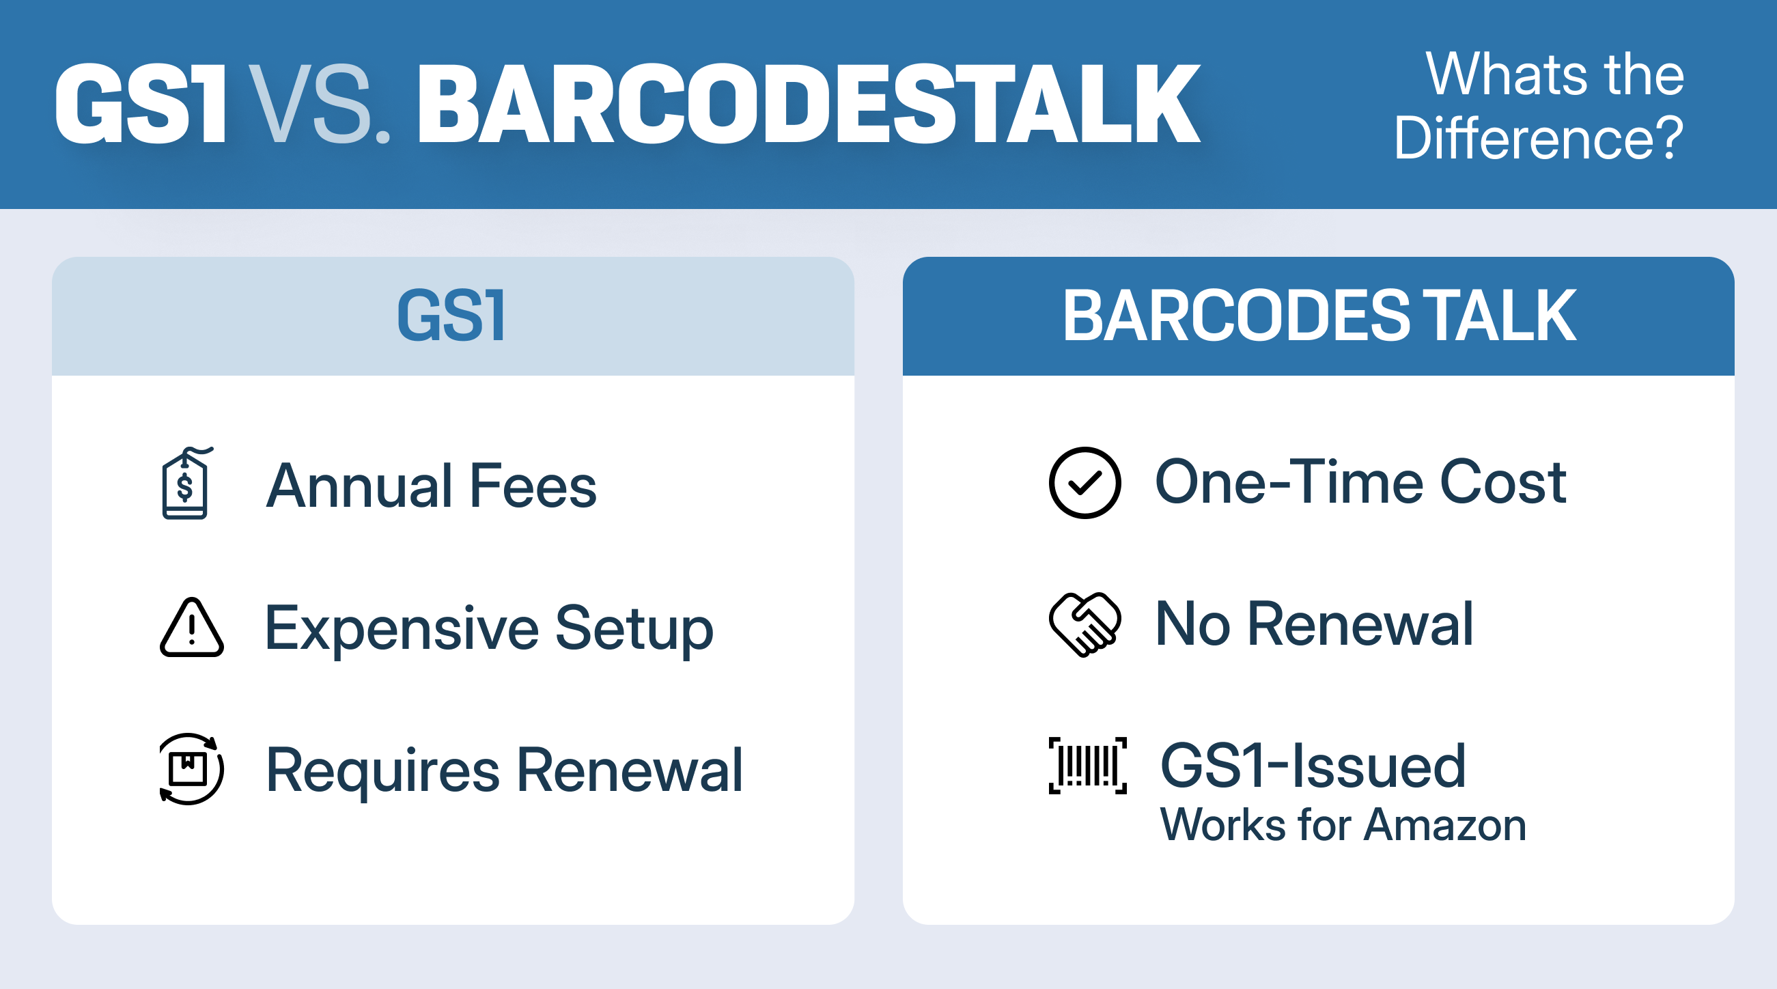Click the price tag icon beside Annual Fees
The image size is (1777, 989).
[x=186, y=483]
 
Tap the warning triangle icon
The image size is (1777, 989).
[x=192, y=627]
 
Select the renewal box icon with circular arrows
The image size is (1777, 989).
[x=191, y=768]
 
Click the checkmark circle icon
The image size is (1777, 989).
[x=1085, y=483]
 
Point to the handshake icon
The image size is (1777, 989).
[x=1085, y=624]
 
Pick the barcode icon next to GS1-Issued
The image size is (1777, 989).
[x=1088, y=766]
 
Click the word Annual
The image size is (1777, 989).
[x=359, y=486]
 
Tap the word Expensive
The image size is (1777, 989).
[x=402, y=628]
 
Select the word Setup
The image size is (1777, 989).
[x=634, y=628]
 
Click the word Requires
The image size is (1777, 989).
[x=383, y=771]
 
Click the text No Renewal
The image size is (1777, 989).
[x=1314, y=624]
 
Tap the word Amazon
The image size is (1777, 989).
[x=1445, y=825]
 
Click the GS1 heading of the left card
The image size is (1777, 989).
[x=452, y=316]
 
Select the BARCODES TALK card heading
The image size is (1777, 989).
[x=1319, y=316]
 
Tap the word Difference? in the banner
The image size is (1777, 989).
[x=1539, y=138]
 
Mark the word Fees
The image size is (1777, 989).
[x=533, y=486]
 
